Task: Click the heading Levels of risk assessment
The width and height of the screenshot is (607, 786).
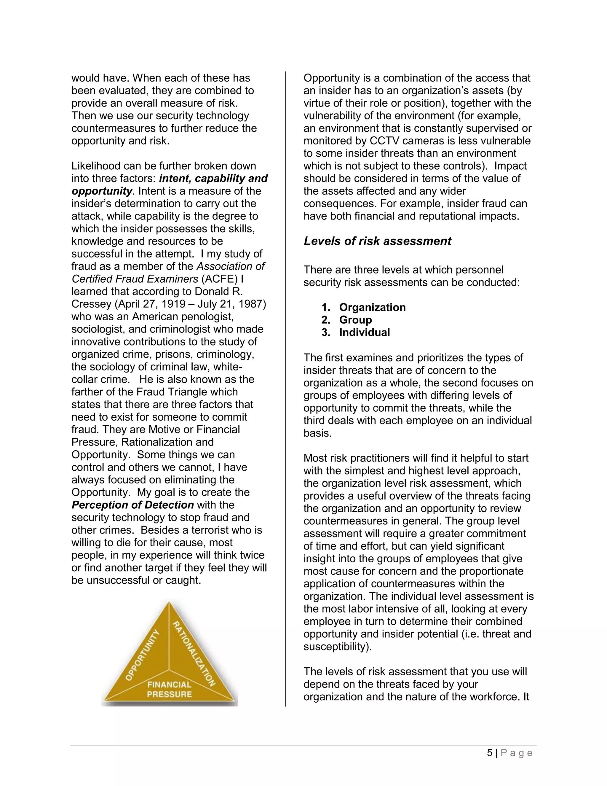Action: [x=377, y=241]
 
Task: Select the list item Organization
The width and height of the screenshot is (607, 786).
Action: [x=372, y=307]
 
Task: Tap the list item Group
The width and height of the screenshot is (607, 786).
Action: [x=355, y=320]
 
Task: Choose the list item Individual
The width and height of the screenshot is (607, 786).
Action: [x=364, y=332]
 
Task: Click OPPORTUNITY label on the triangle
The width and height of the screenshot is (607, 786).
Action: [x=142, y=655]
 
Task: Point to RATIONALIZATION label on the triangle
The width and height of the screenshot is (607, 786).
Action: [x=194, y=653]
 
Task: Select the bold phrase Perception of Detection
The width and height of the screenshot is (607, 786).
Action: [x=133, y=505]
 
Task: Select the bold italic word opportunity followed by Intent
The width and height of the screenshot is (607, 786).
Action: [x=101, y=191]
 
